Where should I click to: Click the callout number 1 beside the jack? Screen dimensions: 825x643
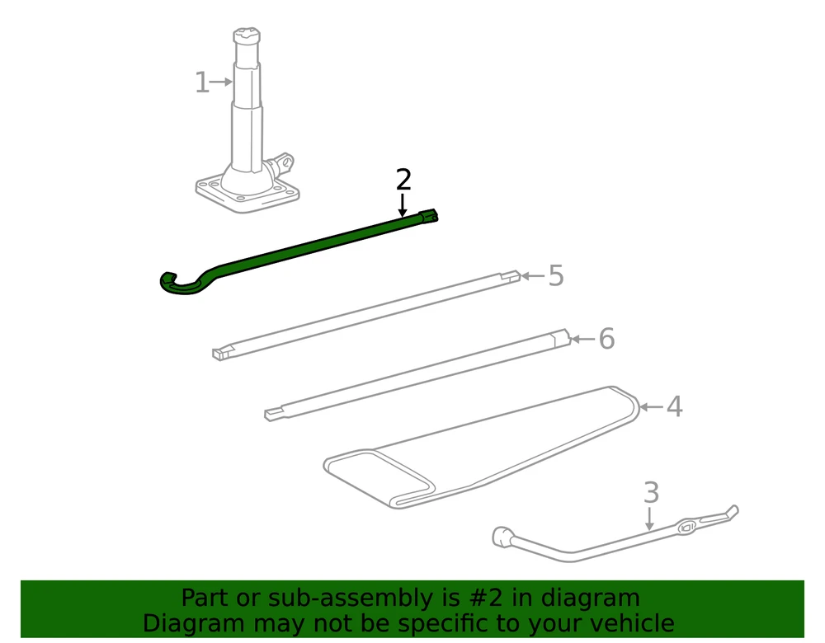[201, 82]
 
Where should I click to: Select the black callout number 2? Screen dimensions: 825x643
[403, 180]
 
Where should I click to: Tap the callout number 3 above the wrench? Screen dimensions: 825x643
[652, 493]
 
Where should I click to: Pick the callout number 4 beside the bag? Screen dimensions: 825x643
[675, 407]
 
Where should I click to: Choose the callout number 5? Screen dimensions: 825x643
[556, 275]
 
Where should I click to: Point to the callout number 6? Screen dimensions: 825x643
[606, 339]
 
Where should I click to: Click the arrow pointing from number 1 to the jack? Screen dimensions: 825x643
[220, 82]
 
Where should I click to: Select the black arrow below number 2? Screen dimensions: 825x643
[403, 205]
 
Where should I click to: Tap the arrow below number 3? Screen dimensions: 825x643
[650, 519]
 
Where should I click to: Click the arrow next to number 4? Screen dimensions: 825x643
[651, 407]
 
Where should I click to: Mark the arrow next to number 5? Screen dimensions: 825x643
[532, 275]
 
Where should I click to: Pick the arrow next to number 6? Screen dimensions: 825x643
[583, 339]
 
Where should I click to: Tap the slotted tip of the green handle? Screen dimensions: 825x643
[429, 217]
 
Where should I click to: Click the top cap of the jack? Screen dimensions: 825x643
[247, 35]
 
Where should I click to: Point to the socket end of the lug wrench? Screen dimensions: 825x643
[502, 537]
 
